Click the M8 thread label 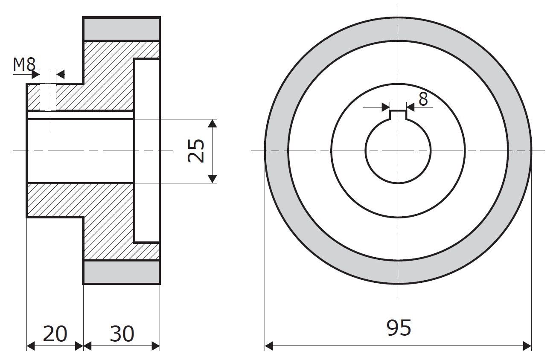point(24,64)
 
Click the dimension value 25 point(196,151)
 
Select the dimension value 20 point(55,334)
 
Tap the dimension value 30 point(122,334)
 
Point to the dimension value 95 point(399,328)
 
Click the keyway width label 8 point(423,99)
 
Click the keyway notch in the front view point(398,115)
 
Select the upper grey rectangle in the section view point(122,29)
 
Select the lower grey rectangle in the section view point(122,272)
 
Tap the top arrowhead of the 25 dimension point(212,123)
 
